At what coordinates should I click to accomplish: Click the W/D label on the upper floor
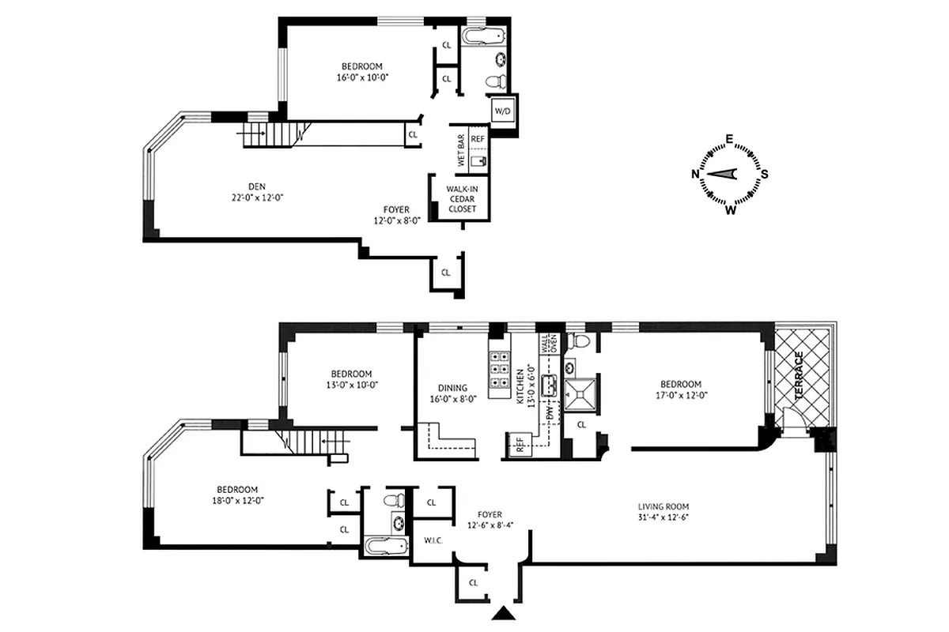click(503, 112)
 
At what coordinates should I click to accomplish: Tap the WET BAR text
click(460, 149)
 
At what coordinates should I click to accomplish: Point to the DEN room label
click(253, 186)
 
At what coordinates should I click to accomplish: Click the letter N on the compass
click(695, 175)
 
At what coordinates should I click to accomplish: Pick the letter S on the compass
click(765, 175)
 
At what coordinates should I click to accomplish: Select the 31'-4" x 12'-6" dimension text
click(669, 518)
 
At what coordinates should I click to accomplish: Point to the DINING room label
click(453, 388)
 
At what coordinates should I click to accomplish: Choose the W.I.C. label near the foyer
click(432, 541)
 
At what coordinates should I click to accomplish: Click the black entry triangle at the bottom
click(502, 612)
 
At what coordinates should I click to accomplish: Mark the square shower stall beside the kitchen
click(582, 393)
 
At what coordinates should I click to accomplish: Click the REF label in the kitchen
click(520, 445)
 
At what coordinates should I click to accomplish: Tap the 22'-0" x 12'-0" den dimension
click(253, 197)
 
